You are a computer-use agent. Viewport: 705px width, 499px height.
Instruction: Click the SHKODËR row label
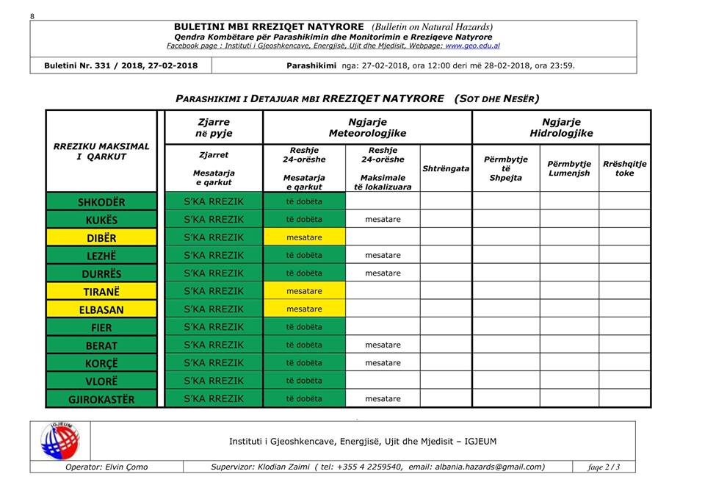[101, 202]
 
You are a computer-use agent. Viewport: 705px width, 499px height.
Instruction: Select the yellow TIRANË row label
[101, 292]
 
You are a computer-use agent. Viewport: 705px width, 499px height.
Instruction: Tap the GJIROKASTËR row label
[101, 399]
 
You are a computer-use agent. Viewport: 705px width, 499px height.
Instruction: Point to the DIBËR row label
[101, 238]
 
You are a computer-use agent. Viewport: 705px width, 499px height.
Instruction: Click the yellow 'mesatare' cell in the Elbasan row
[304, 309]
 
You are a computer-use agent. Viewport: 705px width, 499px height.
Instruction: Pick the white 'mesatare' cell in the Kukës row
[383, 220]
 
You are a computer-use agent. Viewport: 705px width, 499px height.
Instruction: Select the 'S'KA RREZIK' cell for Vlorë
[213, 381]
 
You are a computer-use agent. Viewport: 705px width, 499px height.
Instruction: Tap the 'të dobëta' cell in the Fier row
[304, 327]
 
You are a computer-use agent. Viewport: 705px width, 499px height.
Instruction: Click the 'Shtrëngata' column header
[446, 168]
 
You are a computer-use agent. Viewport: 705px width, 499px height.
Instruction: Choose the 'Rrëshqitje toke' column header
[624, 168]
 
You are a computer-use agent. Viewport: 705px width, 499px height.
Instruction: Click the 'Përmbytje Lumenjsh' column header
[569, 168]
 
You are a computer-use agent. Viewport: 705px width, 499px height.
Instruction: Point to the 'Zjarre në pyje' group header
[213, 128]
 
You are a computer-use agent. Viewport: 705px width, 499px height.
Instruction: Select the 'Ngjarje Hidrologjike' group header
[561, 128]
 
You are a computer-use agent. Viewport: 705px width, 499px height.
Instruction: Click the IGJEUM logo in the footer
[60, 441]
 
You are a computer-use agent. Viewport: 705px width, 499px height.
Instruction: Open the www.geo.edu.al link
[472, 46]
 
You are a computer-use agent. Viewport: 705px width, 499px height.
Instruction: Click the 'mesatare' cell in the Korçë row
[383, 363]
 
